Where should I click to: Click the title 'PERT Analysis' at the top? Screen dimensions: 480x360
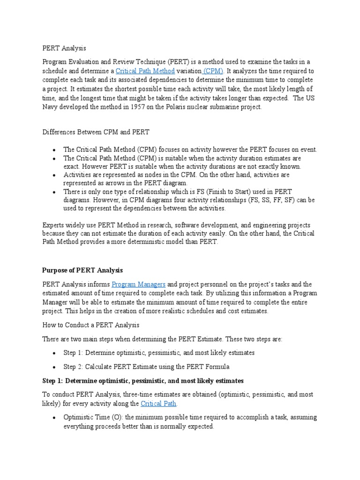64,48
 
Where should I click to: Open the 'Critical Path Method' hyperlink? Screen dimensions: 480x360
145,71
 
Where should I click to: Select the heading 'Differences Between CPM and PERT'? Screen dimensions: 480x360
96,132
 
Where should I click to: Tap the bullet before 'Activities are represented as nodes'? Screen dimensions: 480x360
55,175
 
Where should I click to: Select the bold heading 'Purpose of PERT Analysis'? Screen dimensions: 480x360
82,270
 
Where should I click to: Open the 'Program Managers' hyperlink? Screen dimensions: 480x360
139,285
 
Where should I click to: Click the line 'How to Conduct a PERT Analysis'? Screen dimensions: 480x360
91,325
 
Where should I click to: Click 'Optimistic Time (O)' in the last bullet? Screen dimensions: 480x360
92,417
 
